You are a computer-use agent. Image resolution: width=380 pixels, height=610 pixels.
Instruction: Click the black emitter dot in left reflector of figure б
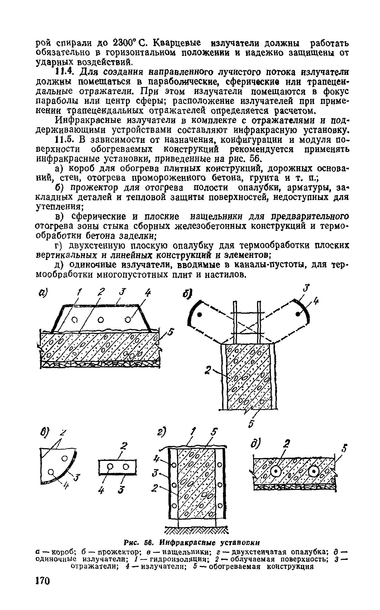(x=199, y=314)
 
